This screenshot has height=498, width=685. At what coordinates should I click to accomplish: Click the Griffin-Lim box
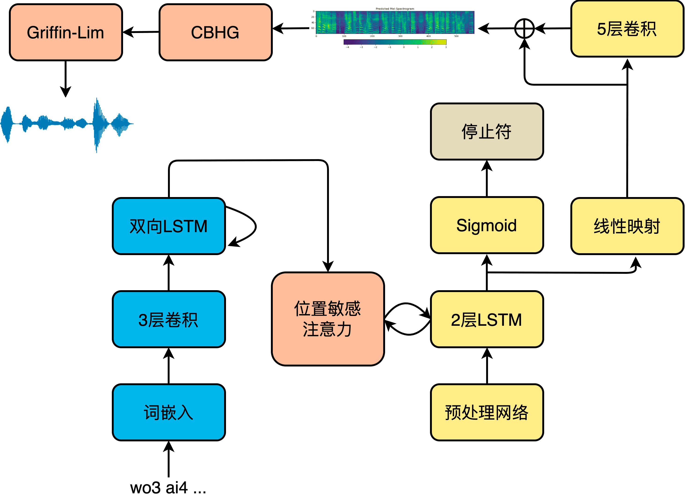[66, 32]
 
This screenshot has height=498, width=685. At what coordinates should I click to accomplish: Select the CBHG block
[215, 32]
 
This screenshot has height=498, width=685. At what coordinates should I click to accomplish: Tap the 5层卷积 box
[627, 29]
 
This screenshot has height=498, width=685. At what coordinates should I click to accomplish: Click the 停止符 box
[487, 132]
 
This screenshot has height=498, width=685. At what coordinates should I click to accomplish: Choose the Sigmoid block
[487, 225]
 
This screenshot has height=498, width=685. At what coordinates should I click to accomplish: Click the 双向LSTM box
[168, 226]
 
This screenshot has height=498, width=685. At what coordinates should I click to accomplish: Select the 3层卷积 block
[168, 319]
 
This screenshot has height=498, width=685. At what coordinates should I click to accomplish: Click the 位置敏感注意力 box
[328, 319]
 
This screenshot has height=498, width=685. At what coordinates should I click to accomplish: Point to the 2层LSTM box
[487, 319]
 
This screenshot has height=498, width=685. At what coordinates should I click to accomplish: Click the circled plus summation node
[525, 29]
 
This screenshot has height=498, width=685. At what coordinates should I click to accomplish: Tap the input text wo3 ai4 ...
[168, 487]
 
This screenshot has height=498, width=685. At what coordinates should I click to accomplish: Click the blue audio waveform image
[66, 125]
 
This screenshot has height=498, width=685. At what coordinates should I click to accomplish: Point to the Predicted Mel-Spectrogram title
[395, 9]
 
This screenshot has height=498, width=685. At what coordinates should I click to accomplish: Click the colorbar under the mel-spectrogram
[395, 42]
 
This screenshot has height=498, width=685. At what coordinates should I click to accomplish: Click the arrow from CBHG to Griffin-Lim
[141, 32]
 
